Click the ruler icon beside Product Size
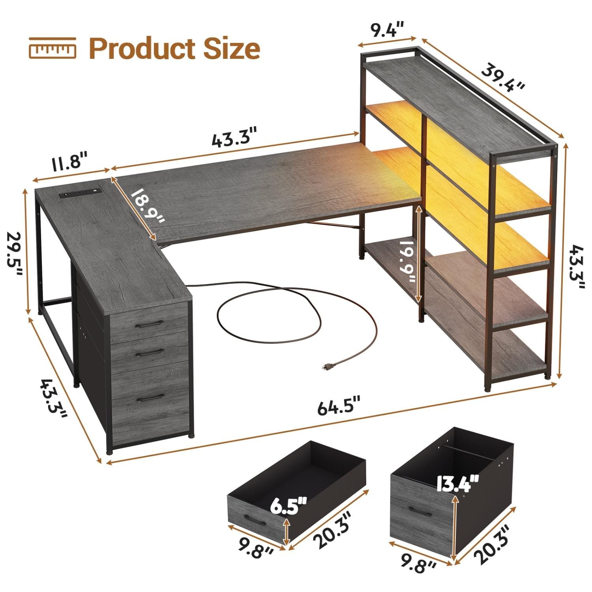tap(52, 49)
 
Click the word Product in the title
tap(142, 49)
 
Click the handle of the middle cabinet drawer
tap(149, 352)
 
